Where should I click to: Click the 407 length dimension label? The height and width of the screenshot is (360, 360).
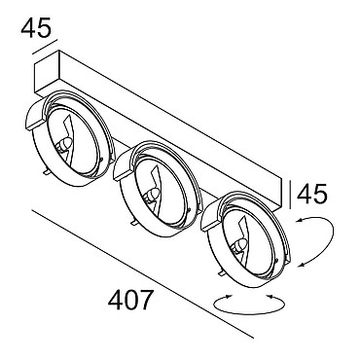click(x=129, y=301)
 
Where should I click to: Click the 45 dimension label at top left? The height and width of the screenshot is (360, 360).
click(x=36, y=27)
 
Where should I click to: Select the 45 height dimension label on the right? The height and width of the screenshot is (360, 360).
click(x=312, y=195)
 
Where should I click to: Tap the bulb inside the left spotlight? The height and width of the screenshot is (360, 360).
click(x=64, y=144)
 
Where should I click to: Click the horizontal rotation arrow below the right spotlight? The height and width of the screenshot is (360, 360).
click(x=250, y=305)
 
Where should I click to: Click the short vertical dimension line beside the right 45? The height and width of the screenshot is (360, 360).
click(x=290, y=194)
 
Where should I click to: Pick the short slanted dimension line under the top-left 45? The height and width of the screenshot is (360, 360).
click(x=45, y=47)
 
